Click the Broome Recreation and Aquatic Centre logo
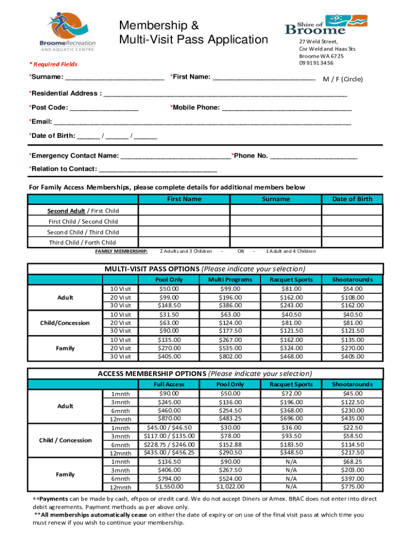pyautogui.click(x=62, y=32)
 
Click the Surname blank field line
pyautogui.click(x=114, y=79)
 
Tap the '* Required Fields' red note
pyautogui.click(x=53, y=64)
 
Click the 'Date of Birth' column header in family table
pyautogui.click(x=352, y=199)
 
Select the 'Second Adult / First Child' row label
pyautogui.click(x=83, y=210)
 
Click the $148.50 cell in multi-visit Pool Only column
pyautogui.click(x=169, y=305)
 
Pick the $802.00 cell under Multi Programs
pyautogui.click(x=230, y=356)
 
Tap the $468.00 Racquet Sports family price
pyautogui.click(x=291, y=356)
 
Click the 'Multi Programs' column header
pyautogui.click(x=230, y=279)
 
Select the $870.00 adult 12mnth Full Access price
pyautogui.click(x=169, y=418)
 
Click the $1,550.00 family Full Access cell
pyautogui.click(x=169, y=487)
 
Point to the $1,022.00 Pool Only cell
pyautogui.click(x=230, y=487)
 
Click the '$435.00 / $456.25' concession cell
pyautogui.click(x=169, y=452)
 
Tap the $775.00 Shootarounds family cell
pyautogui.click(x=352, y=487)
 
